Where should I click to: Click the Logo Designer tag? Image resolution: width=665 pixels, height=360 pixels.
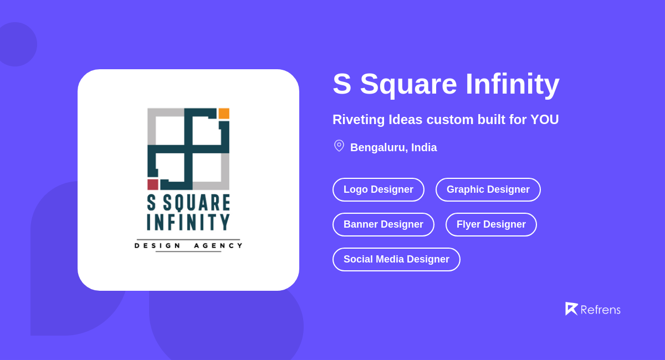(x=378, y=189)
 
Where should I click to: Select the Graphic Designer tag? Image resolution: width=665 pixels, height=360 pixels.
(x=488, y=189)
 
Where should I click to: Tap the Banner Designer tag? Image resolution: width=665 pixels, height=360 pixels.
(x=383, y=224)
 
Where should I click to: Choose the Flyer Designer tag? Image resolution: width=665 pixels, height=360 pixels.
(x=491, y=224)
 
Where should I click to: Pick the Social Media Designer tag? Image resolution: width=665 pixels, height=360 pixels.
(x=396, y=259)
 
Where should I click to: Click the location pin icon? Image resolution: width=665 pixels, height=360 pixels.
(x=339, y=146)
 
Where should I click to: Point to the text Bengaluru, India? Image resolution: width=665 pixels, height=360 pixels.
(x=393, y=147)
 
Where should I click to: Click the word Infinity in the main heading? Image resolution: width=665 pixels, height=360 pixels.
(x=512, y=84)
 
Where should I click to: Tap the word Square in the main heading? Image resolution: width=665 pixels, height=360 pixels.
(x=408, y=85)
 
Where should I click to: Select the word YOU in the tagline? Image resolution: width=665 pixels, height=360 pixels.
(x=544, y=120)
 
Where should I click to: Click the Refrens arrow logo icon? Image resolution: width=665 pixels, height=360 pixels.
(x=571, y=308)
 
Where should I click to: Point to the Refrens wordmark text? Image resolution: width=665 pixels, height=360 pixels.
(x=600, y=310)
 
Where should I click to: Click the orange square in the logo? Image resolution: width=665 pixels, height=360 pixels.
(x=224, y=114)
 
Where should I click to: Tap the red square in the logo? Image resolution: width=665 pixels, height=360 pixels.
(x=153, y=184)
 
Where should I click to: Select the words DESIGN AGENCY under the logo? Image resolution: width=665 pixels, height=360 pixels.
(x=188, y=245)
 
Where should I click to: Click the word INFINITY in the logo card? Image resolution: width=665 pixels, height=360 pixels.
(x=188, y=222)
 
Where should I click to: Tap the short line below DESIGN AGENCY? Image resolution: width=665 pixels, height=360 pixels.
(x=188, y=251)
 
